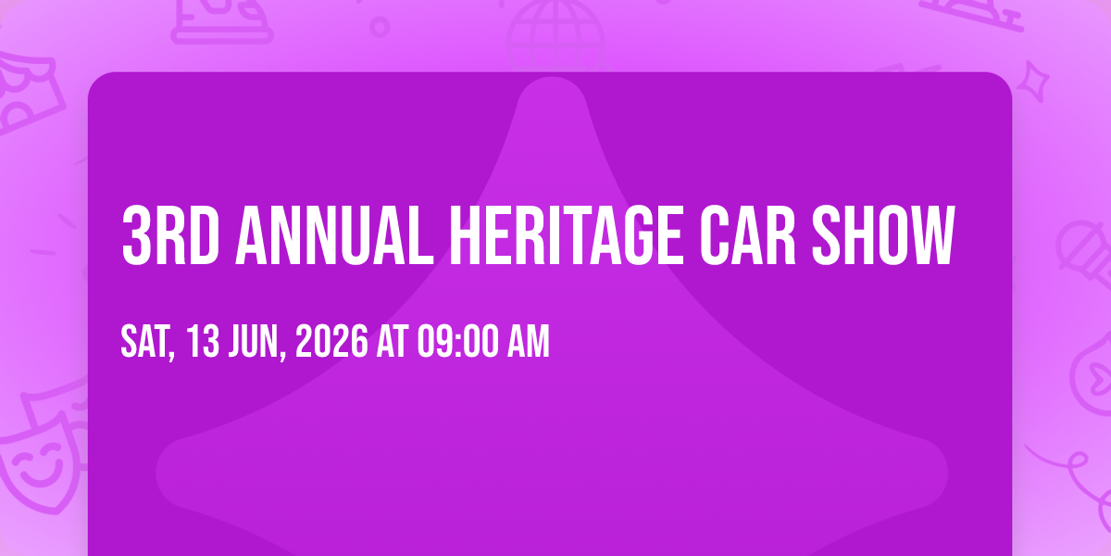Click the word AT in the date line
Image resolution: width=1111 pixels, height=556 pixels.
(393, 342)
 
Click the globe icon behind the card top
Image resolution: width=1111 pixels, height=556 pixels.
(554, 28)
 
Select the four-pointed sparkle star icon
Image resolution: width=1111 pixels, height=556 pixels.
(1039, 80)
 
